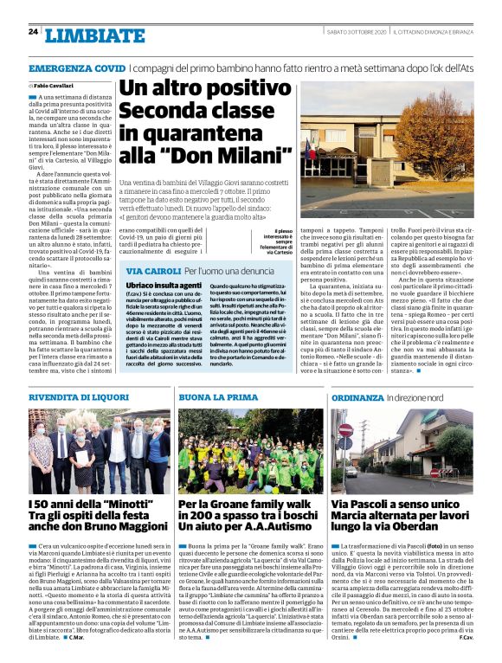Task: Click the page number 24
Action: point(33,31)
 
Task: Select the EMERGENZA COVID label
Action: point(77,68)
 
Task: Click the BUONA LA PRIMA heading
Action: point(207,396)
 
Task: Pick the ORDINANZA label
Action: point(357,396)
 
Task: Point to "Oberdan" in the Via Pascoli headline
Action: point(415,528)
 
